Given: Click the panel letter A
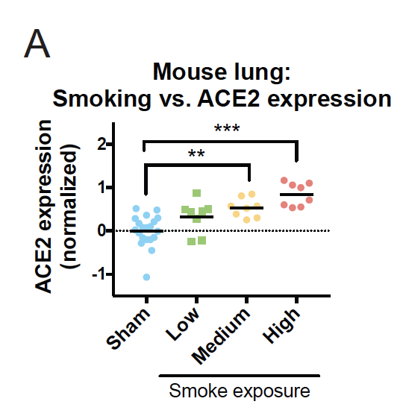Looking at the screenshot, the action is point(37,44).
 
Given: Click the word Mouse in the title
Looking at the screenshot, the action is point(190,72).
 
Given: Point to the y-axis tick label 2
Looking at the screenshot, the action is point(101,144).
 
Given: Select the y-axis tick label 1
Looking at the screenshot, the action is point(102,188).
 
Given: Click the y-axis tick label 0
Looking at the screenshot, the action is point(101,231).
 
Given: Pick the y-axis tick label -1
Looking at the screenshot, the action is point(99,274).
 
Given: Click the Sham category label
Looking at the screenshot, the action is point(128,329).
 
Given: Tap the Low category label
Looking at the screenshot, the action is point(182,324).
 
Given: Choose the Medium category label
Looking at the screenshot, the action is point(220,336).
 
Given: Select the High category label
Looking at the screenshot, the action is point(281,326).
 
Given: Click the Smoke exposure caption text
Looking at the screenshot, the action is point(240,391).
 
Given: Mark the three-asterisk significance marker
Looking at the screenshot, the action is point(227,129).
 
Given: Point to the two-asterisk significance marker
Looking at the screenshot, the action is point(196,154).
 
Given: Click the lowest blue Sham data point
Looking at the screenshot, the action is point(146,277).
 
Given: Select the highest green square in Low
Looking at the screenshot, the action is point(197,193).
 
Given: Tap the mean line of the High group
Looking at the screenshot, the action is point(296,195).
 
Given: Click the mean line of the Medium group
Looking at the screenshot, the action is point(246,208).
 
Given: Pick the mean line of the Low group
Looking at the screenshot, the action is point(197,217).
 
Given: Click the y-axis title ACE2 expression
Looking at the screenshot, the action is point(43,206).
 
